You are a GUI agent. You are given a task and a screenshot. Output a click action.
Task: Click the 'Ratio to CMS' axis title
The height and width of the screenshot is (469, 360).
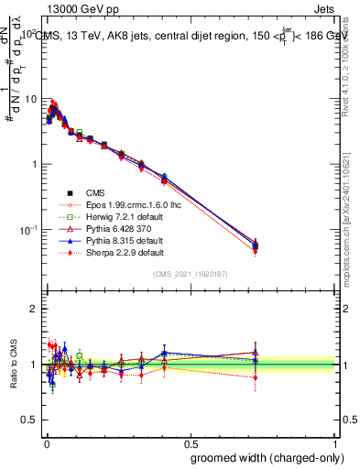(14, 365)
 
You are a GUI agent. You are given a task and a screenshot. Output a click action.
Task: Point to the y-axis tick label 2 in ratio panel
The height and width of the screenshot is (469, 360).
(33, 310)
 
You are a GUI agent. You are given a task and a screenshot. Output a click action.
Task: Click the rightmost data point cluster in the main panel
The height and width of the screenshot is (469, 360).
(256, 245)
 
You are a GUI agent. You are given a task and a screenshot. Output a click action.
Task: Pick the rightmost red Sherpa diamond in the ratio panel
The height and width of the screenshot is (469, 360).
(256, 377)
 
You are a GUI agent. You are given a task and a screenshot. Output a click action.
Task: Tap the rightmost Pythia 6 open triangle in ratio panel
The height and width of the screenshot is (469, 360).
(256, 353)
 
